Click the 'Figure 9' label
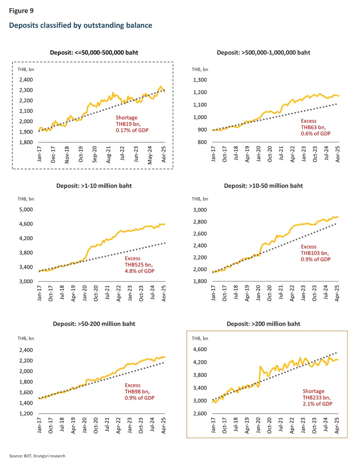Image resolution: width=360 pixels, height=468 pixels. [21, 10]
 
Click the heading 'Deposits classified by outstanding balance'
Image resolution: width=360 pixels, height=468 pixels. [81, 26]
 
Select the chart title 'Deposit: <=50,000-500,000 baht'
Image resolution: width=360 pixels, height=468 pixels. [92, 53]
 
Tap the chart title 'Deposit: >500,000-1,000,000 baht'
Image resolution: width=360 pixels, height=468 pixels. [264, 53]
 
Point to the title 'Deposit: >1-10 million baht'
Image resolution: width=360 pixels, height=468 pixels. [94, 186]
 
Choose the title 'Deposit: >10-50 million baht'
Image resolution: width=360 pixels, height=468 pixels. [263, 186]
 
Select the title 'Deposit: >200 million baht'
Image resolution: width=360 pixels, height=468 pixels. [263, 324]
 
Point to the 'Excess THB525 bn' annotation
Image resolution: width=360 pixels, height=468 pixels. [139, 264]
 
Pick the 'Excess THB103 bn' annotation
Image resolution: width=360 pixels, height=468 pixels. [315, 253]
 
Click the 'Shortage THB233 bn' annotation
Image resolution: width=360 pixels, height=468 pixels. [318, 397]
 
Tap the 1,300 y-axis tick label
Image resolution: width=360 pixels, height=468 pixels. [200, 80]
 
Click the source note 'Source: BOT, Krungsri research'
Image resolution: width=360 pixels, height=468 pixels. [37, 456]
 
